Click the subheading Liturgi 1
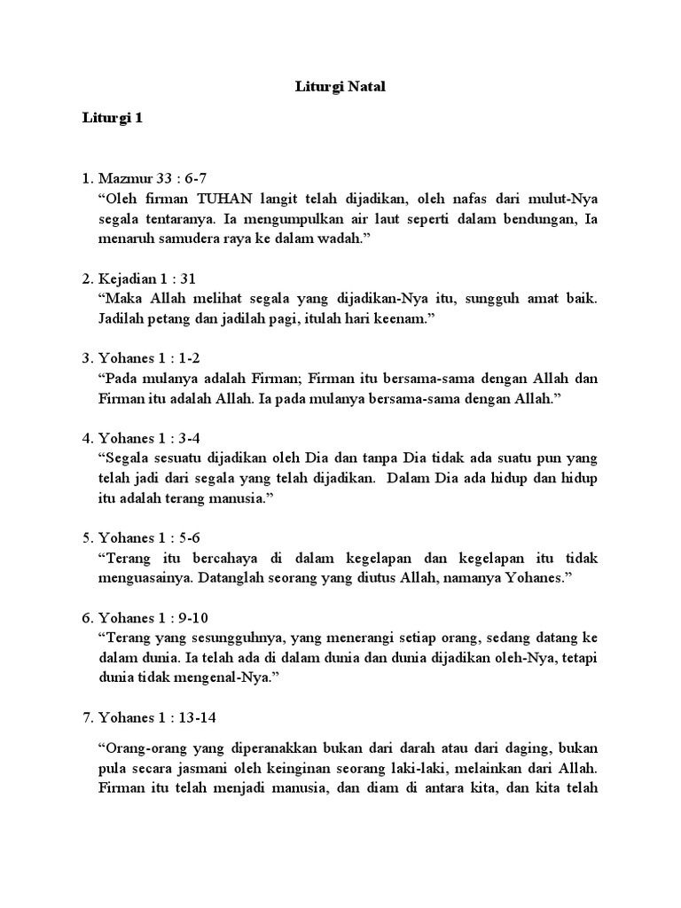[112, 118]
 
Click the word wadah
[348, 238]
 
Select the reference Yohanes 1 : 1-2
[153, 358]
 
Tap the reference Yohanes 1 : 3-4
[153, 438]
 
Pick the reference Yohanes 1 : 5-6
[153, 537]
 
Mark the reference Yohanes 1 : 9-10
[157, 617]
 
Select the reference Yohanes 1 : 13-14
[160, 716]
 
